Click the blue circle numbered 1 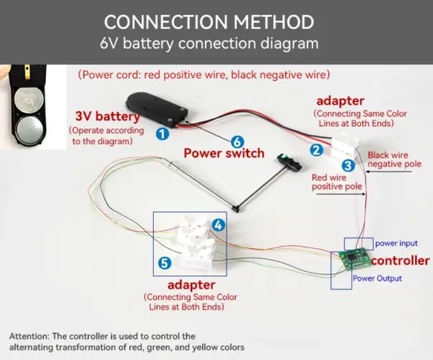click(162, 133)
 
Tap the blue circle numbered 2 click(316, 150)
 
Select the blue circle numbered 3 click(348, 164)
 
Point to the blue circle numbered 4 click(218, 225)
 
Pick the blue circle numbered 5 click(165, 263)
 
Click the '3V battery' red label click(108, 116)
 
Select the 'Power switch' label click(224, 154)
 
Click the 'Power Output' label click(377, 278)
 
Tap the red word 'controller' click(400, 260)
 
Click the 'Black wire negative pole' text click(394, 159)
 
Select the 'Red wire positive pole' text click(338, 182)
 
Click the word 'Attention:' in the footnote click(32, 336)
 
